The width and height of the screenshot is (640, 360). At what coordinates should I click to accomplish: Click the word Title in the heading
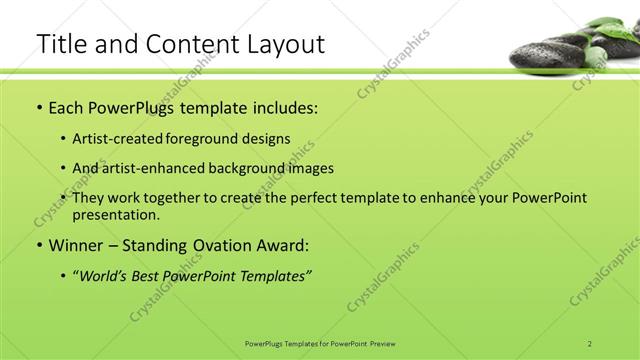[x=60, y=44]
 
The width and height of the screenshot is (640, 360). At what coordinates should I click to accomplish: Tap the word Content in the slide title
[x=190, y=44]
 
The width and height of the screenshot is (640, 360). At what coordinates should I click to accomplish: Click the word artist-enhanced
[x=147, y=168]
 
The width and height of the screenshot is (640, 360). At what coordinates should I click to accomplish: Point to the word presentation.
[x=116, y=214]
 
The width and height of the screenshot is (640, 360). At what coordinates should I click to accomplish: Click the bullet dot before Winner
[x=38, y=245]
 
